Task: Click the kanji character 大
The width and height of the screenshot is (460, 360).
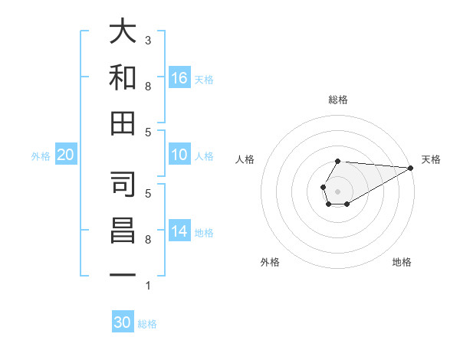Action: pos(123,33)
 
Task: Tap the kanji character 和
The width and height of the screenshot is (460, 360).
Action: pos(123,77)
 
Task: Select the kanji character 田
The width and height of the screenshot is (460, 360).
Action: pos(123,123)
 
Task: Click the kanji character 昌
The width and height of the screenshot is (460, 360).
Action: pos(123,231)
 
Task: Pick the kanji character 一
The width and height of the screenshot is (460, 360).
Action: pos(123,274)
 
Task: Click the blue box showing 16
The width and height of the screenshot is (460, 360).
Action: pos(179,77)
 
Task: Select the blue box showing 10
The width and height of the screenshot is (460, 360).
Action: pos(179,155)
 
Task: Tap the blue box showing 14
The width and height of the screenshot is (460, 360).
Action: pos(179,231)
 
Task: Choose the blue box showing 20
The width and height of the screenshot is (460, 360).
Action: pos(65,155)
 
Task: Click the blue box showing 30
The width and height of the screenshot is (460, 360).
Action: pos(123,322)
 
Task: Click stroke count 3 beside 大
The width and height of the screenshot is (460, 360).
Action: pos(148,40)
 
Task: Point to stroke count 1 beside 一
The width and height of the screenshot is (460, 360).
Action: pos(148,286)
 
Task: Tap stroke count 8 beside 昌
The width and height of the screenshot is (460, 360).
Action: pos(148,240)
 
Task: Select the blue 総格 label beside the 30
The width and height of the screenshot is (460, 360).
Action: pos(147,324)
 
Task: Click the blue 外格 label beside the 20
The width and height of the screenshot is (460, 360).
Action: pos(41,156)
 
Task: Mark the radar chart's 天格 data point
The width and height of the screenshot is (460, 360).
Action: pos(411,168)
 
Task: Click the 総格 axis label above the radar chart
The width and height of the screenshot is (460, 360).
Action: pos(337,100)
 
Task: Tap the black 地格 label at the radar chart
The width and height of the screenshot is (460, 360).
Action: pos(402,263)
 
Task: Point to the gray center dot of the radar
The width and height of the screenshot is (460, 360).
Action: pos(337,189)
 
